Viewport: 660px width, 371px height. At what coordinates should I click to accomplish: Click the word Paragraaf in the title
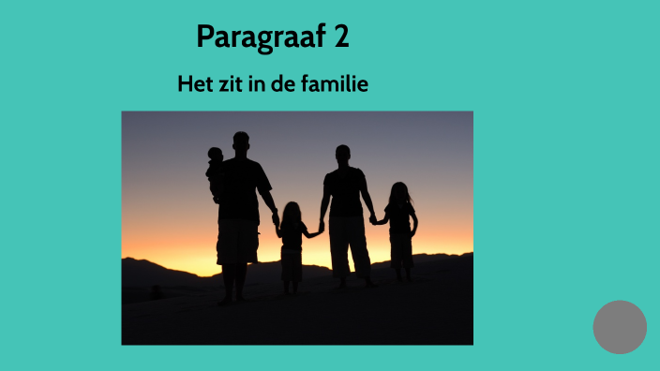pyautogui.click(x=257, y=37)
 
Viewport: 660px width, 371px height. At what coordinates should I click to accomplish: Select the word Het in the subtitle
pyautogui.click(x=193, y=84)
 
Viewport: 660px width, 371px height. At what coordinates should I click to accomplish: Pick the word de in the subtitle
pyautogui.click(x=283, y=84)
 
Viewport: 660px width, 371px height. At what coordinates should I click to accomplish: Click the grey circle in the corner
pyautogui.click(x=620, y=327)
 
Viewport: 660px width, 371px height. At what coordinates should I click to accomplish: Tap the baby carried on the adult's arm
pyautogui.click(x=216, y=169)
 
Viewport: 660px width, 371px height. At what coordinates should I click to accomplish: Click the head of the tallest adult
pyautogui.click(x=241, y=142)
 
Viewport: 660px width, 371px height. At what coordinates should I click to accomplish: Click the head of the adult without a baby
pyautogui.click(x=343, y=154)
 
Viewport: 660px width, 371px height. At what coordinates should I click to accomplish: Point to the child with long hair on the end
pyautogui.click(x=400, y=225)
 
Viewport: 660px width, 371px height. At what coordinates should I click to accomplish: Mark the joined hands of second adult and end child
pyautogui.click(x=374, y=219)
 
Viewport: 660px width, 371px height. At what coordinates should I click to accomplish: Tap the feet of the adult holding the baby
pyautogui.click(x=232, y=298)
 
